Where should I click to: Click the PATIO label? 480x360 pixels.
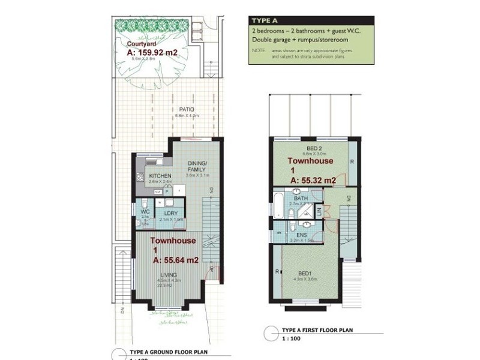click(x=186, y=109)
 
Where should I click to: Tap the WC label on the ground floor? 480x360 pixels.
click(x=145, y=212)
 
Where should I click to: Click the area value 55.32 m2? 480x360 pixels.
click(x=313, y=179)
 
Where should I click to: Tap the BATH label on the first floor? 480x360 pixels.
click(x=301, y=198)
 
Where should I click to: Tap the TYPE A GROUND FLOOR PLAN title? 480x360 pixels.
click(x=166, y=352)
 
